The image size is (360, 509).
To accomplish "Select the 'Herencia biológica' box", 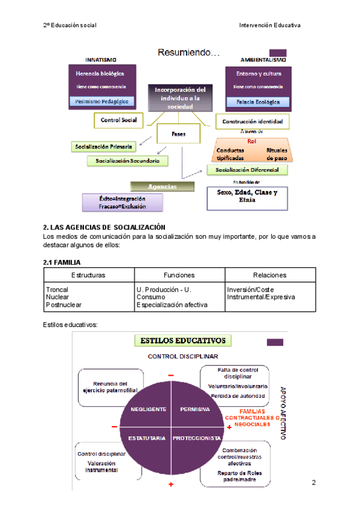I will click(100, 73).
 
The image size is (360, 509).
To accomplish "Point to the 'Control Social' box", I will click(119, 120).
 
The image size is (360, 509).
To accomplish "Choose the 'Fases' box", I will click(178, 134).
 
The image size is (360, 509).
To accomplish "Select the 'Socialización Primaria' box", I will click(103, 146).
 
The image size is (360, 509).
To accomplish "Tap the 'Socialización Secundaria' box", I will click(127, 161).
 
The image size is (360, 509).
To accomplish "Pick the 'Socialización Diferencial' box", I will click(247, 170).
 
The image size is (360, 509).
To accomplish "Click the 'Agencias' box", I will click(163, 187).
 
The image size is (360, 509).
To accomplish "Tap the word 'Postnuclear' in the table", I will click(62, 305).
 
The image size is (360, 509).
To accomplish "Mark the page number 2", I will click(314, 484).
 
